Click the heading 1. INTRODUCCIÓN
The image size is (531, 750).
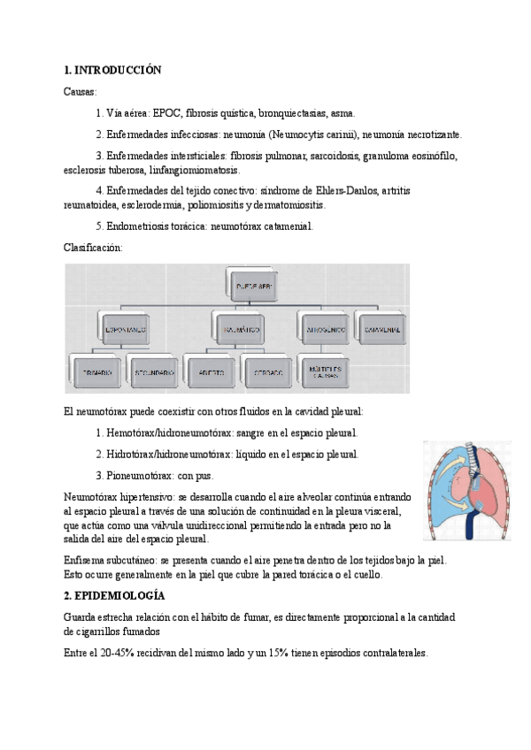[112, 69]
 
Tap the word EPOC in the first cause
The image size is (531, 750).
[167, 113]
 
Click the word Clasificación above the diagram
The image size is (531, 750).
[94, 249]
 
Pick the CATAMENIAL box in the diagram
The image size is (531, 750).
[381, 329]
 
